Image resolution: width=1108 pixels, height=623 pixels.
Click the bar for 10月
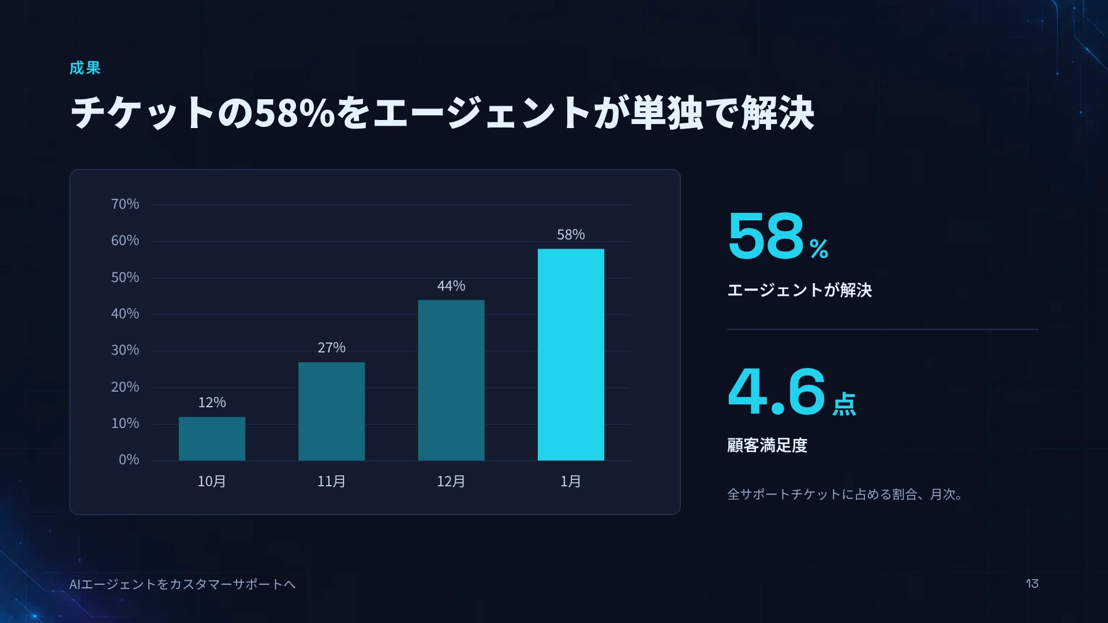click(212, 438)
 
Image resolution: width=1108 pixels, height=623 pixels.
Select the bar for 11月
click(331, 411)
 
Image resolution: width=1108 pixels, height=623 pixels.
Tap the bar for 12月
click(451, 380)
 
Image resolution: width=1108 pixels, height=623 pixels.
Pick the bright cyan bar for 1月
click(571, 355)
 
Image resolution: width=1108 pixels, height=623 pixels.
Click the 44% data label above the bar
click(451, 286)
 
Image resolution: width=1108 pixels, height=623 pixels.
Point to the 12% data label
click(212, 402)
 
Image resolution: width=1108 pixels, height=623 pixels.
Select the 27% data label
click(331, 347)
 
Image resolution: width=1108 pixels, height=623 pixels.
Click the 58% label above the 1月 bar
click(571, 234)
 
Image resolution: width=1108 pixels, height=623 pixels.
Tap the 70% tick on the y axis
click(125, 204)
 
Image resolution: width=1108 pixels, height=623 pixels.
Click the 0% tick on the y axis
click(129, 460)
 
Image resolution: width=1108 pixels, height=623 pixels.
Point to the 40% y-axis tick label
click(125, 314)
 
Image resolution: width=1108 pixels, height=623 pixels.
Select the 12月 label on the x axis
click(451, 481)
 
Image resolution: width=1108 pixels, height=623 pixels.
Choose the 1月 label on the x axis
click(571, 481)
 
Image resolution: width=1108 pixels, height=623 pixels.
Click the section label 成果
click(85, 68)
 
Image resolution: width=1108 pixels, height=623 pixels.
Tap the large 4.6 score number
click(777, 392)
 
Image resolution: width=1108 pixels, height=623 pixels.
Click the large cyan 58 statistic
click(766, 236)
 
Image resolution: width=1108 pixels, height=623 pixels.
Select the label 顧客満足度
click(767, 445)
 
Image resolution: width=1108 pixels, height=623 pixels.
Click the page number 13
click(1032, 584)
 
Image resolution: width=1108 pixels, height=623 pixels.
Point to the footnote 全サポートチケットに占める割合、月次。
click(845, 494)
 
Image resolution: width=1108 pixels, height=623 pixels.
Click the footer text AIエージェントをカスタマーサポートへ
click(182, 584)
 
